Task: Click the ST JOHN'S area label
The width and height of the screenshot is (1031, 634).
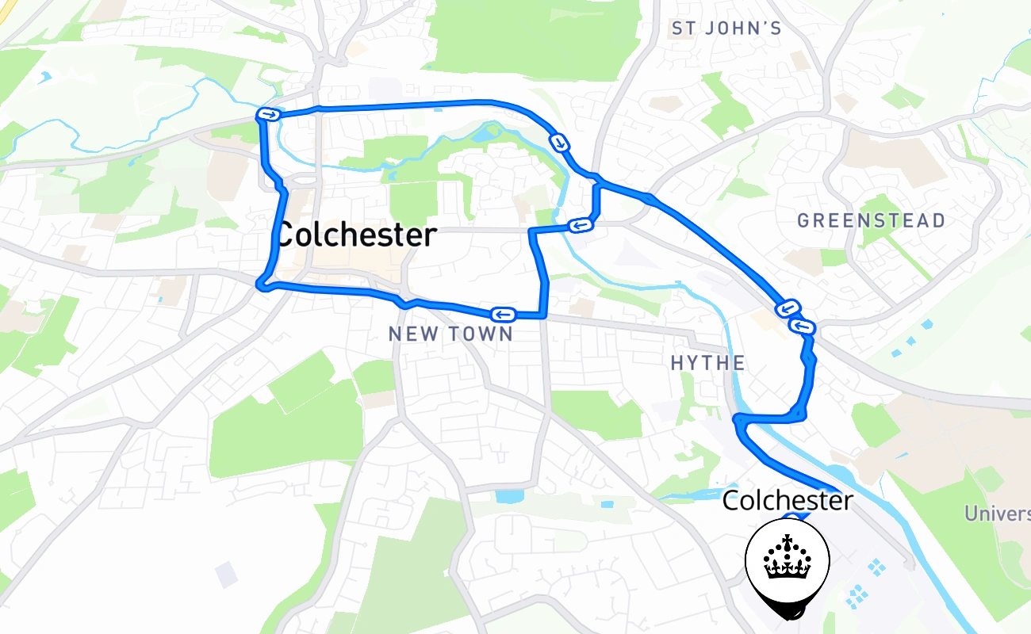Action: (726, 29)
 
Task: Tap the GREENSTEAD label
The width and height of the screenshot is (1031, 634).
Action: (871, 220)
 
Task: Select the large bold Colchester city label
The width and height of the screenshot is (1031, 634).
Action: (356, 235)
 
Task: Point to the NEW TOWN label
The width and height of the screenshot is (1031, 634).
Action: (450, 334)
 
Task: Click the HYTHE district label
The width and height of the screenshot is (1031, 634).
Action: (707, 363)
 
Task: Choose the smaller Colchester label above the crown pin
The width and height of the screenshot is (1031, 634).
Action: (788, 500)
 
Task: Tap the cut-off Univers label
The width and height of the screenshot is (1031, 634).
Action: (997, 514)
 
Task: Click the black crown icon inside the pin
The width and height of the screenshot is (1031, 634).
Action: (787, 558)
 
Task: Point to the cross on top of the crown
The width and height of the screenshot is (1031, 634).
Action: (788, 541)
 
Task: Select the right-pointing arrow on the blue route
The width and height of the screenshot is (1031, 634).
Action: (270, 115)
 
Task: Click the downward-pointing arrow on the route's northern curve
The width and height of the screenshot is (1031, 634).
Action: (560, 143)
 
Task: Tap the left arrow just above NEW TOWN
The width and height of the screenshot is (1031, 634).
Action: (504, 314)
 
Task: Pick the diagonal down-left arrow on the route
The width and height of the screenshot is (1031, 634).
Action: (788, 307)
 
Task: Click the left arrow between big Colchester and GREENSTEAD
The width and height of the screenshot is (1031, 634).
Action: (581, 225)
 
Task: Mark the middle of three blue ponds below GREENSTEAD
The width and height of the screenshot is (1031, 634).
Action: (911, 341)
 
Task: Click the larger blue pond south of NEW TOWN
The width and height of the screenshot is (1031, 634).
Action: (508, 496)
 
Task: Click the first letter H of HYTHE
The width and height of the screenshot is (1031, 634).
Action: (677, 363)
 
